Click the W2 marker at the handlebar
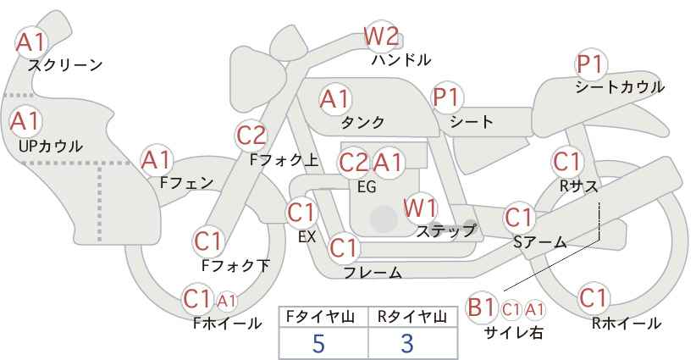(381, 36)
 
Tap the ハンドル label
(401, 59)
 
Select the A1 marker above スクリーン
(31, 42)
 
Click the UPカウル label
(51, 146)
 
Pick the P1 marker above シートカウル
(591, 64)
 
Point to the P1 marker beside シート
(448, 97)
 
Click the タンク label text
(362, 122)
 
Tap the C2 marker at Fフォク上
(251, 136)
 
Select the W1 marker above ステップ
(420, 208)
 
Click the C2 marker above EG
(354, 163)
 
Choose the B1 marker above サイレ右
(481, 307)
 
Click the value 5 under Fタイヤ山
(318, 343)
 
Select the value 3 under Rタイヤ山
(406, 343)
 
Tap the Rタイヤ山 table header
(412, 317)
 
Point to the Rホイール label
(627, 324)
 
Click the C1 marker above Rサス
(567, 162)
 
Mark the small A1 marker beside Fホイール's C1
(227, 301)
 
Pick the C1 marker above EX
(301, 213)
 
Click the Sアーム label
(539, 242)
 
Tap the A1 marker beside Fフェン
(157, 160)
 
